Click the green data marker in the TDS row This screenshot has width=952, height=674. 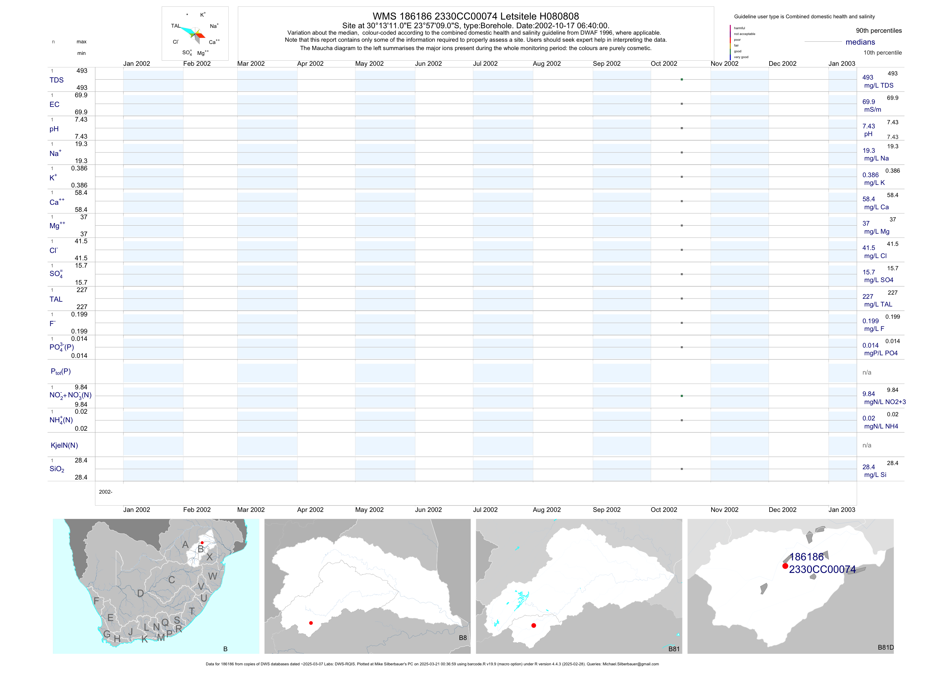pos(682,79)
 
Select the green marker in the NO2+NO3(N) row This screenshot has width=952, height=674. pos(682,396)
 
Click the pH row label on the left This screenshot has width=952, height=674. pos(54,129)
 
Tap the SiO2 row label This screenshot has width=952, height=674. pos(57,469)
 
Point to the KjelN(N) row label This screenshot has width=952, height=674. pos(64,445)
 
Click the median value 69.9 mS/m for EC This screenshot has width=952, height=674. pos(869,102)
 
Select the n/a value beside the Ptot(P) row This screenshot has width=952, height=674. pos(867,373)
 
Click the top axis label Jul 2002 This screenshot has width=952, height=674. pos(485,64)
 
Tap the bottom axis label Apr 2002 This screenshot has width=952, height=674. pos(310,510)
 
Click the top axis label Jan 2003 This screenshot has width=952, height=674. pos(842,64)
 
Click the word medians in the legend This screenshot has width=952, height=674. pos(860,42)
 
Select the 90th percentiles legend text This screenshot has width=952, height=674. pos(879,31)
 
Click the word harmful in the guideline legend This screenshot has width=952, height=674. pos(739,28)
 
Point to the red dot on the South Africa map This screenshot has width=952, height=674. pos(202,543)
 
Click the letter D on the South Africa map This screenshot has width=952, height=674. pos(140,593)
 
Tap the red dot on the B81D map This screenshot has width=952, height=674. pos(785,566)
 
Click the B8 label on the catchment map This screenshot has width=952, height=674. pos(463,638)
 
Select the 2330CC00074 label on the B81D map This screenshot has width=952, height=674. pos(822,569)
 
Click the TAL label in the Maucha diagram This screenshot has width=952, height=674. pos(175,26)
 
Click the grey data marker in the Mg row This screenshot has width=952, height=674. pos(682,225)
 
